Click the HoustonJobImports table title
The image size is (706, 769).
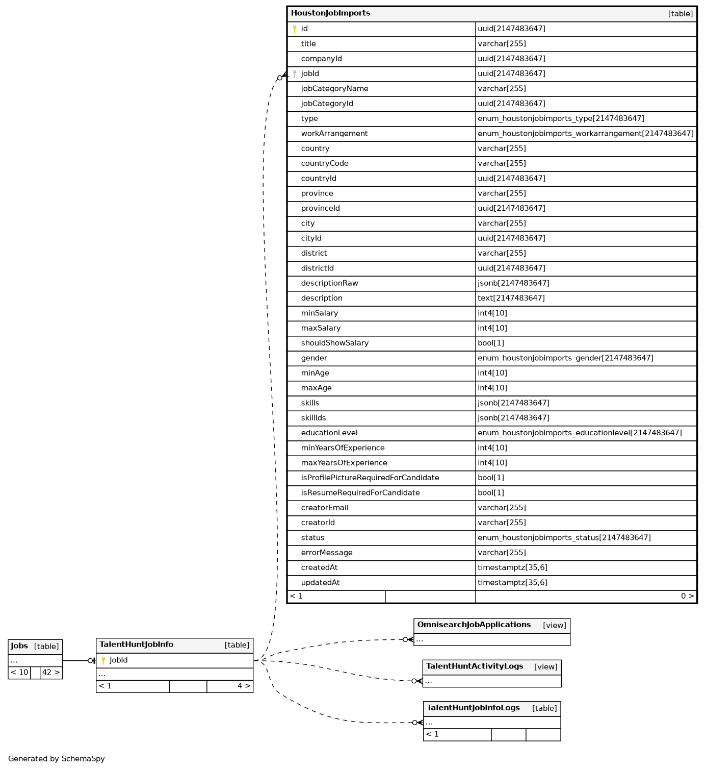330,13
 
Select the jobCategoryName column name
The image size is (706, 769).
334,89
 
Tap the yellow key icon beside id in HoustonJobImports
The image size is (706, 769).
294,29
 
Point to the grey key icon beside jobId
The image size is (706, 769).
294,74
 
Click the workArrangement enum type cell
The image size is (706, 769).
585,134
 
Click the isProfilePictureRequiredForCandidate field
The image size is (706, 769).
370,478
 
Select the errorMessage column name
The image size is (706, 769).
326,553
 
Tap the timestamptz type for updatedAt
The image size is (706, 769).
512,583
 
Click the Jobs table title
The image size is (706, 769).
19,646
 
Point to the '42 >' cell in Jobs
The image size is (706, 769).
50,673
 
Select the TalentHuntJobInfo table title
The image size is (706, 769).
136,644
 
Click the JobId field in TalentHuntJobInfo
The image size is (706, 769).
118,660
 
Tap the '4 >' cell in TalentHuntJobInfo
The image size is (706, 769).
244,686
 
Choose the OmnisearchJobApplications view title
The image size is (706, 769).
474,625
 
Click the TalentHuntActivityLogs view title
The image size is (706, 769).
474,666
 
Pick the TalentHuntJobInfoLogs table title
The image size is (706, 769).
473,708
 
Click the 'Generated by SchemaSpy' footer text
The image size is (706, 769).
56,759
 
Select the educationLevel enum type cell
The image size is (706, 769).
579,433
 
